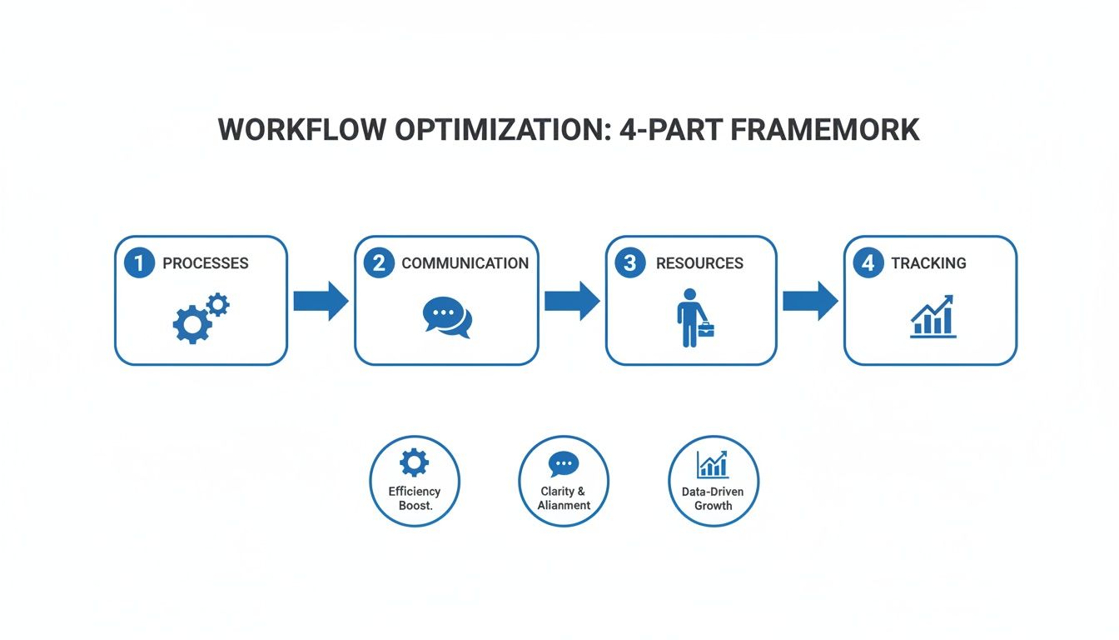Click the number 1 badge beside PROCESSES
tap(139, 263)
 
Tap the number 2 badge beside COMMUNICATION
tap(379, 263)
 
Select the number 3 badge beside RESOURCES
tap(629, 263)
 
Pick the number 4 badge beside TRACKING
tap(868, 263)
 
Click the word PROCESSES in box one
tap(205, 263)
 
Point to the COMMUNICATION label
tap(465, 263)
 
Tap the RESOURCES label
tap(699, 263)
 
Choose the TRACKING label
tap(928, 263)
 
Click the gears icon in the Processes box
tap(200, 319)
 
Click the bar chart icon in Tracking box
tap(932, 317)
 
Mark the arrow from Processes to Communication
tap(321, 301)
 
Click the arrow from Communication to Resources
tap(572, 301)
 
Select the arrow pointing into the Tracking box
tap(810, 301)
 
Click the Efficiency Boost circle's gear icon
tap(414, 462)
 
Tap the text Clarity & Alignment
tap(564, 498)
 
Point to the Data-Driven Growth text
tap(713, 498)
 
